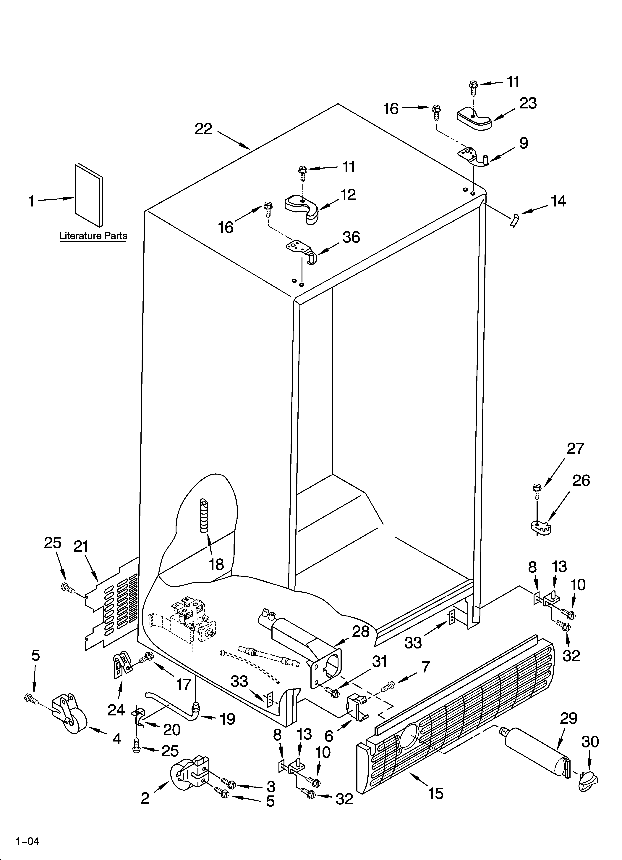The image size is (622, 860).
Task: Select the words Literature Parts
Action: coord(93,236)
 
